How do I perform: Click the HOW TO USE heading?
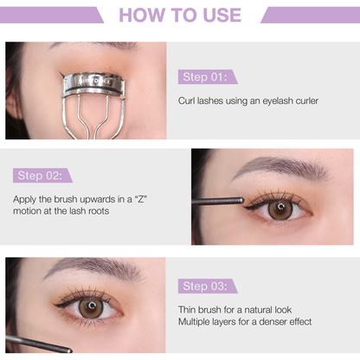181,15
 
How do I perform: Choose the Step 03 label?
207,286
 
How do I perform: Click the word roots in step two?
95,210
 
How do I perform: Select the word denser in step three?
271,322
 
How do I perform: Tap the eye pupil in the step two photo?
279,209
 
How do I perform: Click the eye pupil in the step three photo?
91,307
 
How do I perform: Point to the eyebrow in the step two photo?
277,166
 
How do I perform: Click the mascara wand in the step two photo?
216,202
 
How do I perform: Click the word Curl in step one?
187,101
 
